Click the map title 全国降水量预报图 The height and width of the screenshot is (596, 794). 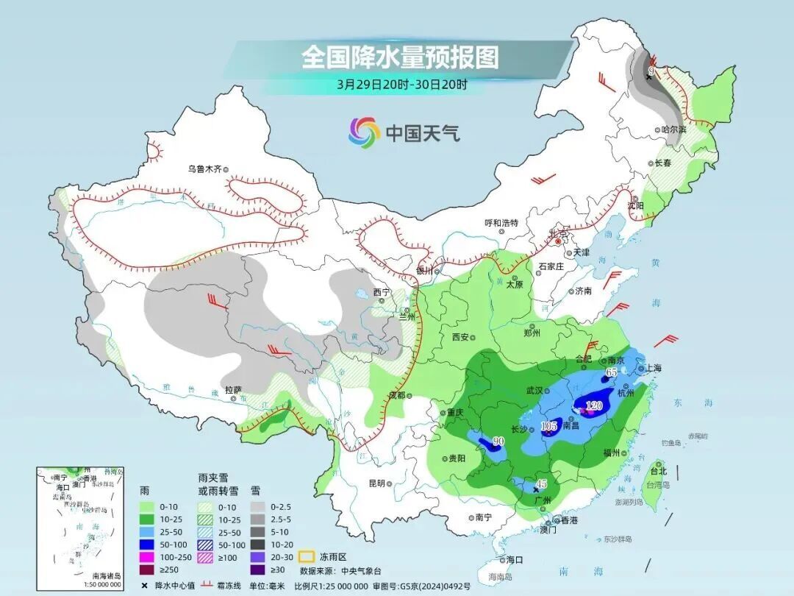tap(400, 57)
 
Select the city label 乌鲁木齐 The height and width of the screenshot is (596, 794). tap(204, 169)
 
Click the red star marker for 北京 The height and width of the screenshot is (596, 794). tap(558, 241)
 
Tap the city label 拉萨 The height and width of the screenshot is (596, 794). tap(233, 389)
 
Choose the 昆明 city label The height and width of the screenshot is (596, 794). tap(376, 483)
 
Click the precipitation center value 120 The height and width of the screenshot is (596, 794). tap(593, 406)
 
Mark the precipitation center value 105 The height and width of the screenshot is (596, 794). tap(548, 427)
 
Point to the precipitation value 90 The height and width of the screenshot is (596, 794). tap(498, 441)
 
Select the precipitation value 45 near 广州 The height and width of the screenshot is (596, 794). tap(540, 483)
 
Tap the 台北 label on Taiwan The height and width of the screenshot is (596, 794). tap(658, 471)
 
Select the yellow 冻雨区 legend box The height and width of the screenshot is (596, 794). tap(307, 556)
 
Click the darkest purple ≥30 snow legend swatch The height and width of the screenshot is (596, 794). tap(257, 570)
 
